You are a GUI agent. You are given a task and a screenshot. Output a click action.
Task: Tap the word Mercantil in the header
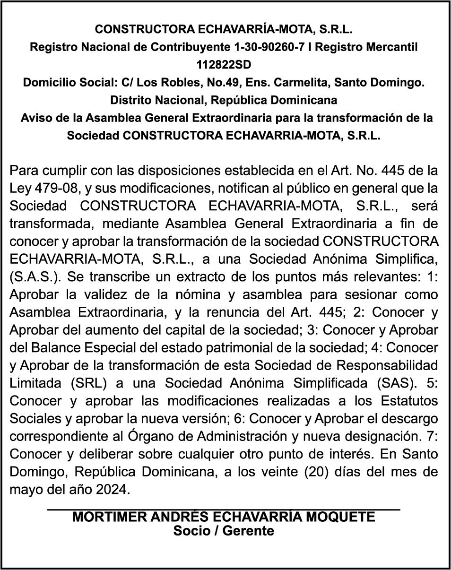point(391,47)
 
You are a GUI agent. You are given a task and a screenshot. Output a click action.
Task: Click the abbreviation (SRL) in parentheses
point(87,383)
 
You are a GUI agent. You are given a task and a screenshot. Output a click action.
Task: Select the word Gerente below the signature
point(248,530)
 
